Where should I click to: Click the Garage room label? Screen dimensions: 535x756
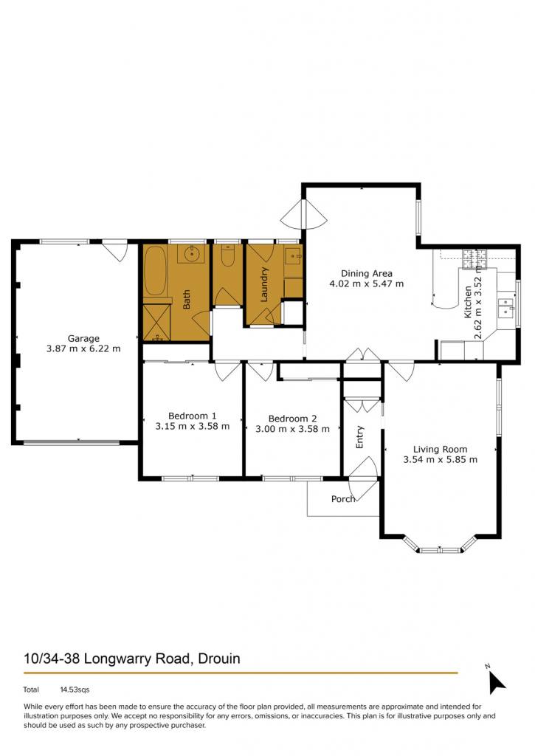[x=83, y=338]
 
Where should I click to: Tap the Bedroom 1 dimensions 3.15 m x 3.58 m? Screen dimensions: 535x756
[x=193, y=426]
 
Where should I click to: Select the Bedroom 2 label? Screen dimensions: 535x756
[x=292, y=419]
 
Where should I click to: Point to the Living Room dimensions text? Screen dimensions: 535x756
[x=440, y=459]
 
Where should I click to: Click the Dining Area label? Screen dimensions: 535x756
[x=366, y=273]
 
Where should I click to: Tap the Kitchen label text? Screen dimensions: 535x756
[x=468, y=302]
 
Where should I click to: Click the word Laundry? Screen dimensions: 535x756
[x=263, y=284]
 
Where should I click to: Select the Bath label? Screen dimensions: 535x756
[x=187, y=299]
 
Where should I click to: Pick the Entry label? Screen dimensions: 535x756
[x=359, y=437]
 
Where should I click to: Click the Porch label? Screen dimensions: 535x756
[x=342, y=498]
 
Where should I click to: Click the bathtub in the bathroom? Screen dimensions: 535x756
[x=155, y=270]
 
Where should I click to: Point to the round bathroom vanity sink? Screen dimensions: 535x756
[x=192, y=252]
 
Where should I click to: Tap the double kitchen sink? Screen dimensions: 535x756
[x=505, y=307]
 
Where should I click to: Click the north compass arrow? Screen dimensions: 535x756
[x=497, y=682]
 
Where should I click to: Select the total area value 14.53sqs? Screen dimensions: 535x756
[x=75, y=690]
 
